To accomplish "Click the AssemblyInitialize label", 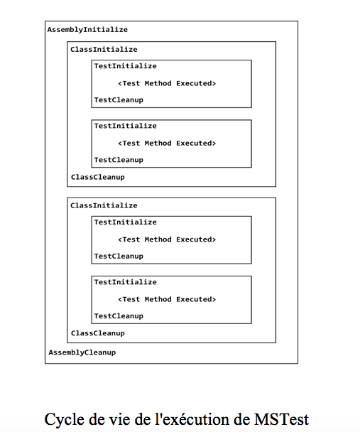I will pos(87,30).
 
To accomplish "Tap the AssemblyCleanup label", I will pos(82,352).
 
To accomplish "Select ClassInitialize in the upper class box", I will pos(104,50).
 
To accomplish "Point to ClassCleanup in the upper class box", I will pos(98,177).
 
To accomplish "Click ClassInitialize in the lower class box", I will pos(104,205).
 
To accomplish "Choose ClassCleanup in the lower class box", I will pos(98,333).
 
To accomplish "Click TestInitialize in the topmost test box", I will pos(126,66).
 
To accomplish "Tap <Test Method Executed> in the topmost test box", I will pos(167,83).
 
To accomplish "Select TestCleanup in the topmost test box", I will pos(119,100).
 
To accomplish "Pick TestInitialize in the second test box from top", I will pos(126,126).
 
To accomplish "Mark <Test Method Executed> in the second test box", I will pos(167,143).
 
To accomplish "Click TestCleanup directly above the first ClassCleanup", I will pos(119,160).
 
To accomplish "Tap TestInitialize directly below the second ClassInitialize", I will pos(126,222).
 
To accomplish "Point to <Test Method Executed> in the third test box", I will pos(167,239).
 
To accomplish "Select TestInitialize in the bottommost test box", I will pos(126,282).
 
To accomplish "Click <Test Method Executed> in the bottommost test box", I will pos(167,299).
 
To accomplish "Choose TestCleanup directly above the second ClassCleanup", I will pos(119,316).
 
